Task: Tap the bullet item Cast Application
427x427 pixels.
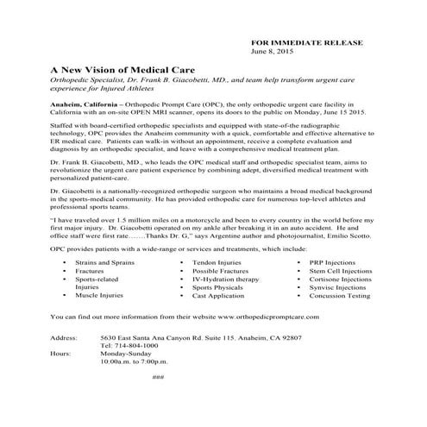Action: [x=217, y=295]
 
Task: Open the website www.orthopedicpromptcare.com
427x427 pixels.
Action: [x=274, y=317]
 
